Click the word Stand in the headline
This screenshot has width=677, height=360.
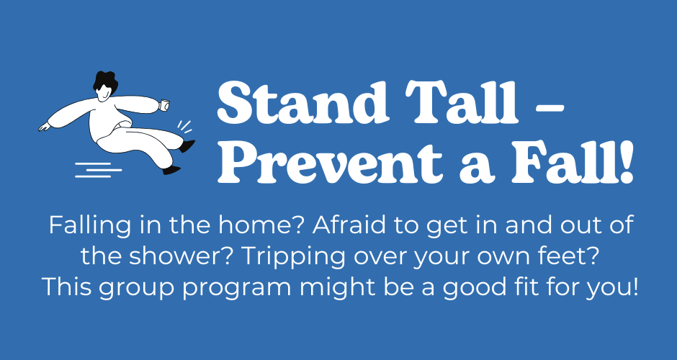[303, 102]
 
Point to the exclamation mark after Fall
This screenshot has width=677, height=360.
[626, 161]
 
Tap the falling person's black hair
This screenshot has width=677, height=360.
[105, 82]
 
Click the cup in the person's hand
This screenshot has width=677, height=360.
[164, 105]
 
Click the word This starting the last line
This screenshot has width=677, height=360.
[66, 287]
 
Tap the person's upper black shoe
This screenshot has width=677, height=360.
[187, 146]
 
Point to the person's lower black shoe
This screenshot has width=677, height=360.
[171, 170]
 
